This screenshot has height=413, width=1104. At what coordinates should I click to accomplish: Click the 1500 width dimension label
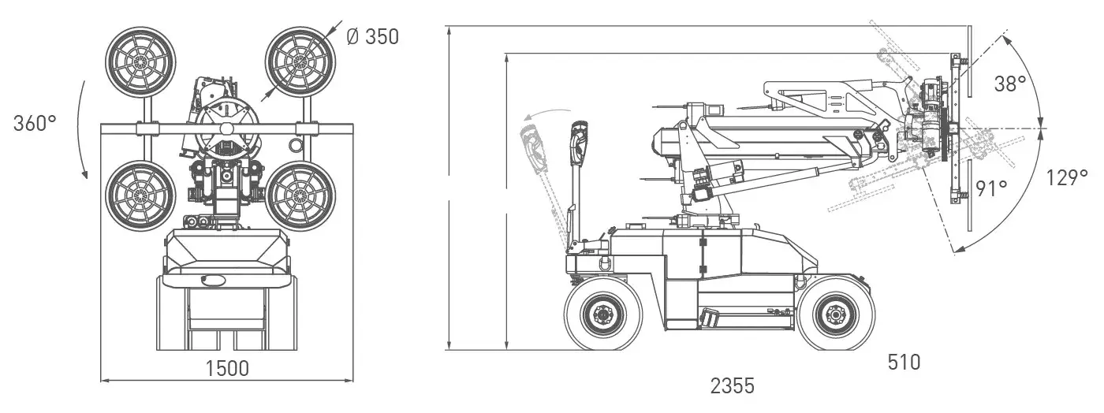point(227,368)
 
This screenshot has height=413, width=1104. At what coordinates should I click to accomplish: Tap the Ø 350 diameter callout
point(373,36)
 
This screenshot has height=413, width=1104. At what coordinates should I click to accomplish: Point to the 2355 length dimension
point(732,385)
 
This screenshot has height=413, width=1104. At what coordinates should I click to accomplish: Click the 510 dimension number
point(904,362)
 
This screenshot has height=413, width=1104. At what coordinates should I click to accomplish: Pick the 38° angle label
point(1009,84)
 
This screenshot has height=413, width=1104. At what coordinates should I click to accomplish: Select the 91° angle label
point(991,188)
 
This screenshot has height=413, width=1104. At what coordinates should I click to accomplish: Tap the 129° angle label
point(1068,177)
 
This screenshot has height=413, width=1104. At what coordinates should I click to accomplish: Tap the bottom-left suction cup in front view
point(139,195)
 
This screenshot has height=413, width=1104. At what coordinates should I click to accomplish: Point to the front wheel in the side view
point(834,316)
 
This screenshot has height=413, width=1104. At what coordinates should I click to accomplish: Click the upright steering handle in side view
point(578,173)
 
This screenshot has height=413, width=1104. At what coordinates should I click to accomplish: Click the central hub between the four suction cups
point(226,128)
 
